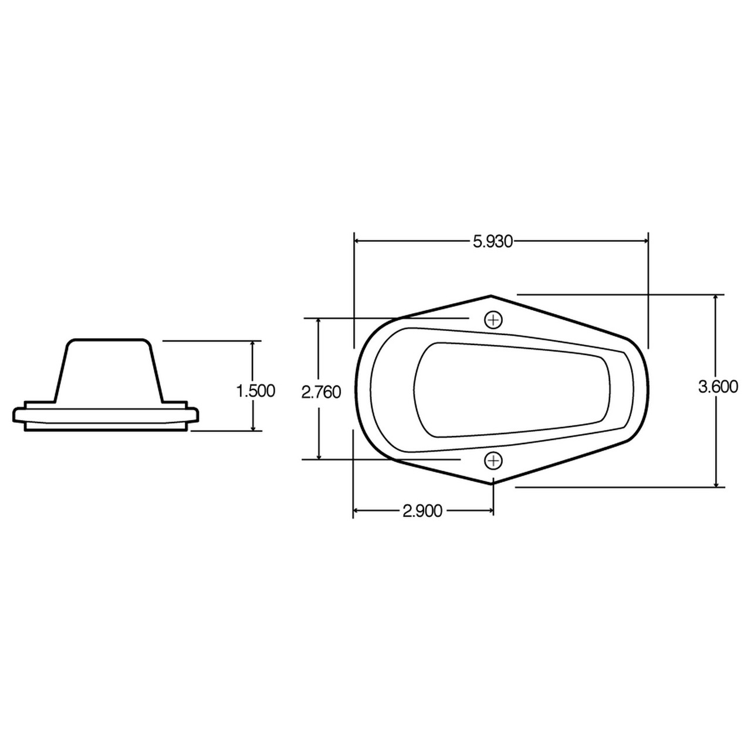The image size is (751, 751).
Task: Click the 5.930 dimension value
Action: pos(493,241)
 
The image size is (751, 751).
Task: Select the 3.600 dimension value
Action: pos(718,387)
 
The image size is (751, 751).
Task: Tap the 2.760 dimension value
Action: pos(321,391)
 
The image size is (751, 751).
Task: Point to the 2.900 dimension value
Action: pos(422,511)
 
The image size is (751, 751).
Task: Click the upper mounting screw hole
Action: pos(493,320)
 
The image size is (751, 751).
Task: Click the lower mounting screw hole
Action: pos(493,461)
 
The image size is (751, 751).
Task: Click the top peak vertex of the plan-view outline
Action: pos(491,296)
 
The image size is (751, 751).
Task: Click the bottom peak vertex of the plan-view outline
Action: pos(491,484)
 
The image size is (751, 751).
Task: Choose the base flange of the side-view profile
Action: pos(106,416)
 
